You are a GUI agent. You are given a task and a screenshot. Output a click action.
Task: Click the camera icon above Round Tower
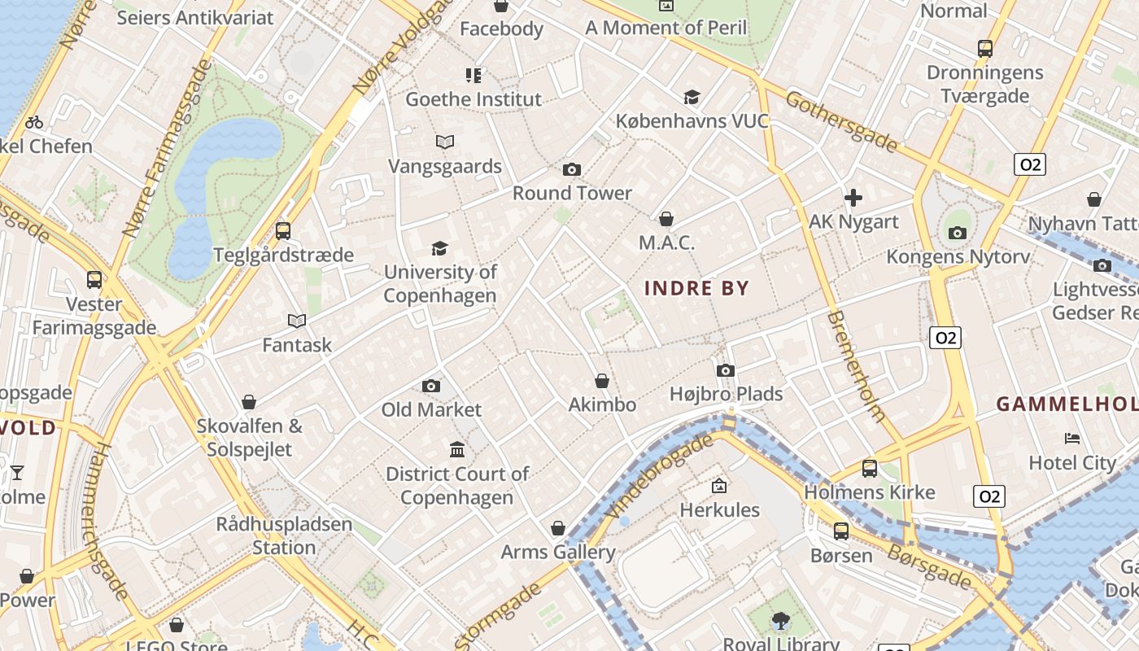[x=572, y=169]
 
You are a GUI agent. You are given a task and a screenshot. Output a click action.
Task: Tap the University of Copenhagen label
[x=440, y=283]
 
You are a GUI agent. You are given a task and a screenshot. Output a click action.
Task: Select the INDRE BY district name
[x=696, y=288]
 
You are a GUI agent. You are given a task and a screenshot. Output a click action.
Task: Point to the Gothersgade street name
[x=841, y=122]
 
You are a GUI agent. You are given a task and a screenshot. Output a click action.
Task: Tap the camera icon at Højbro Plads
[x=726, y=371]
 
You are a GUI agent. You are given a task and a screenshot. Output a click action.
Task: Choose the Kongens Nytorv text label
[x=958, y=256]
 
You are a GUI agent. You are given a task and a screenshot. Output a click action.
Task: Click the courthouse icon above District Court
[x=457, y=449]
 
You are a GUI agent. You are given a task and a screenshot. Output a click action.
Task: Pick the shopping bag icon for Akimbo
[x=602, y=381]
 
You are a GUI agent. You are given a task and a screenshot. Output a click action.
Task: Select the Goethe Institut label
[x=473, y=99]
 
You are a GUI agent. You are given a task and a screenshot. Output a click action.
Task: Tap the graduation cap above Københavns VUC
[x=692, y=98]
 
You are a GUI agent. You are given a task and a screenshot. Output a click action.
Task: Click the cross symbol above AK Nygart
[x=853, y=198]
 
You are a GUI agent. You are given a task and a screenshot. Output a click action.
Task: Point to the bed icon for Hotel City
[x=1072, y=439]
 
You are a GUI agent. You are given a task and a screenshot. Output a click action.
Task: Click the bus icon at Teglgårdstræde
[x=283, y=230]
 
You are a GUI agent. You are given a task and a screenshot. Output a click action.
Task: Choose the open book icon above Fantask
[x=297, y=321]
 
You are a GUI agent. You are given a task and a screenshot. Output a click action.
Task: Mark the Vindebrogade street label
[x=660, y=476]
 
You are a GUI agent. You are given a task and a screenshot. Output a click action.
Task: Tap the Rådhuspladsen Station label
[x=284, y=535]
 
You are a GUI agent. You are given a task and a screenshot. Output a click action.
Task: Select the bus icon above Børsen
[x=841, y=531]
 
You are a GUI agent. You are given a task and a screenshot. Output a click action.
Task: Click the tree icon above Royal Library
[x=781, y=620]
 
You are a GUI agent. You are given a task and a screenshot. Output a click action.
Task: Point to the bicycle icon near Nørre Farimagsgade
[x=34, y=123]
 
